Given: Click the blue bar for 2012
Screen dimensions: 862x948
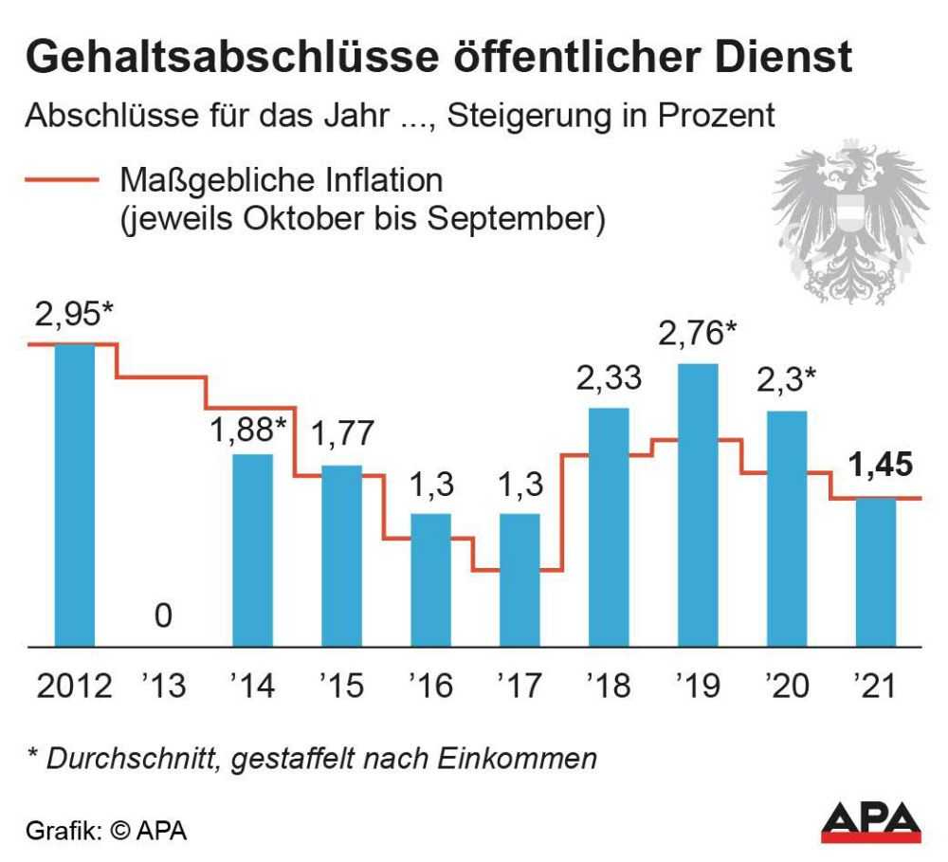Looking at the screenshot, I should (74, 494).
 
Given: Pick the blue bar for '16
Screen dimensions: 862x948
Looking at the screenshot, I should (430, 579).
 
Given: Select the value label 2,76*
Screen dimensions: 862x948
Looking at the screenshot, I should (699, 336).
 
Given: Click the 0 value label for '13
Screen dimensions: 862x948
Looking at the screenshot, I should (163, 616).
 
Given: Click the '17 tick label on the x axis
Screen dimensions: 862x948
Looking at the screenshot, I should (519, 685).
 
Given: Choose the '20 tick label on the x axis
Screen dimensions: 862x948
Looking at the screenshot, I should (786, 685).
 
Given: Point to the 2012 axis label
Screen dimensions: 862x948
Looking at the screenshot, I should (74, 685).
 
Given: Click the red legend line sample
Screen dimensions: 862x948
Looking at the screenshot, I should (62, 180).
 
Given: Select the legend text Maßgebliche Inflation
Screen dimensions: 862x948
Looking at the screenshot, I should (281, 179).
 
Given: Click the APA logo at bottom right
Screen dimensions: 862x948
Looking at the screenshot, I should (869, 822).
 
